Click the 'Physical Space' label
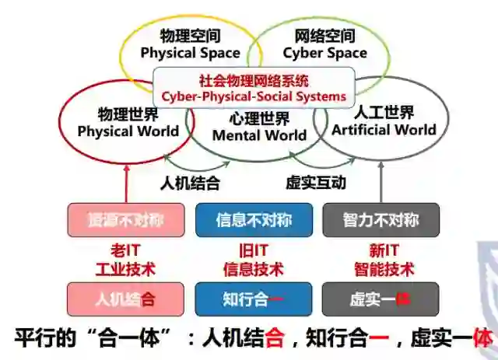click(x=190, y=53)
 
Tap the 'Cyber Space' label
click(x=324, y=53)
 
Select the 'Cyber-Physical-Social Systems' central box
click(x=254, y=89)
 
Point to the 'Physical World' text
click(x=128, y=131)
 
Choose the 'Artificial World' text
click(x=384, y=129)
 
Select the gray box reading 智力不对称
click(x=381, y=220)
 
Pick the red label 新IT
click(x=381, y=250)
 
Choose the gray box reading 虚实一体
click(x=381, y=299)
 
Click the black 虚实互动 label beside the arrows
click(x=316, y=183)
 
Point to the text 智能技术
click(x=381, y=270)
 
